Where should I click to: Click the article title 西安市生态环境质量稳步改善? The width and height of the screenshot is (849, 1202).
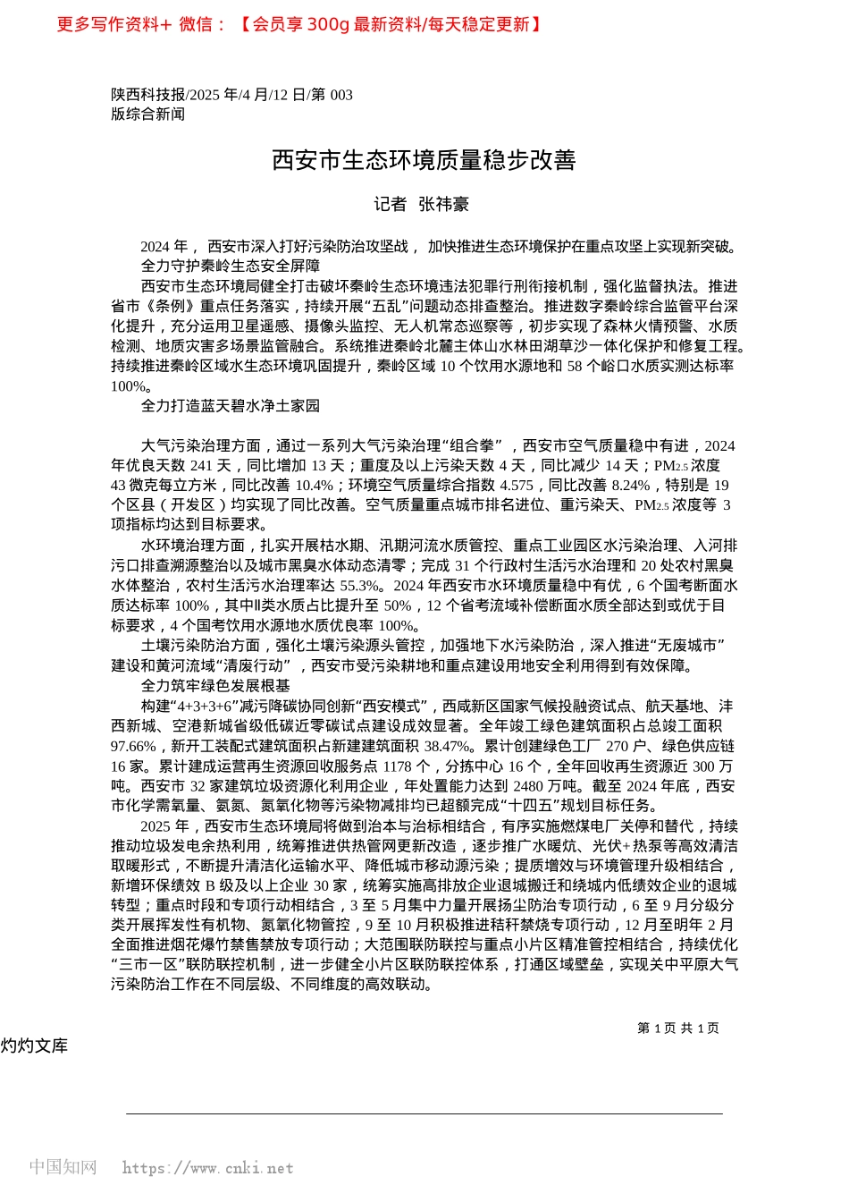[x=424, y=161]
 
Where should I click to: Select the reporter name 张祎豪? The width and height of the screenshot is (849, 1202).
[x=444, y=205]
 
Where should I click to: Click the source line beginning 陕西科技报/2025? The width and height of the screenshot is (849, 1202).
[x=231, y=95]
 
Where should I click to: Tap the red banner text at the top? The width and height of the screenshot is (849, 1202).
[x=299, y=25]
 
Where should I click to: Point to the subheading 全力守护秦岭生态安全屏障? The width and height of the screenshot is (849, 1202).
[x=230, y=267]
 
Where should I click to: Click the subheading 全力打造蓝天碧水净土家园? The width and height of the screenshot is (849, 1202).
[x=230, y=406]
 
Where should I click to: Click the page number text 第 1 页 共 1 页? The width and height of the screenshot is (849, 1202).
[x=677, y=1028]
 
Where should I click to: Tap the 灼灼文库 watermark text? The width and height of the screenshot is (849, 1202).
[x=35, y=1046]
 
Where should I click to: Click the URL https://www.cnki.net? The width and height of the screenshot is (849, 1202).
[x=207, y=1168]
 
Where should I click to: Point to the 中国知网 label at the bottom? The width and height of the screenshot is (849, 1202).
[x=63, y=1167]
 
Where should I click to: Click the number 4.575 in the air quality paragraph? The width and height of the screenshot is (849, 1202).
[x=516, y=486]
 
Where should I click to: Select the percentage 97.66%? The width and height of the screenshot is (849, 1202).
[x=133, y=746]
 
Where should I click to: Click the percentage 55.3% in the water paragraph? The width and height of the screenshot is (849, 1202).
[x=360, y=586]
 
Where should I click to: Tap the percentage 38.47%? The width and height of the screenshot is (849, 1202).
[x=447, y=746]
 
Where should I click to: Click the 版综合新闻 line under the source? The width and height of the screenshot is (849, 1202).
[x=147, y=114]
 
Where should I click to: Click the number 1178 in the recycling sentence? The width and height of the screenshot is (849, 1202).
[x=397, y=766]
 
